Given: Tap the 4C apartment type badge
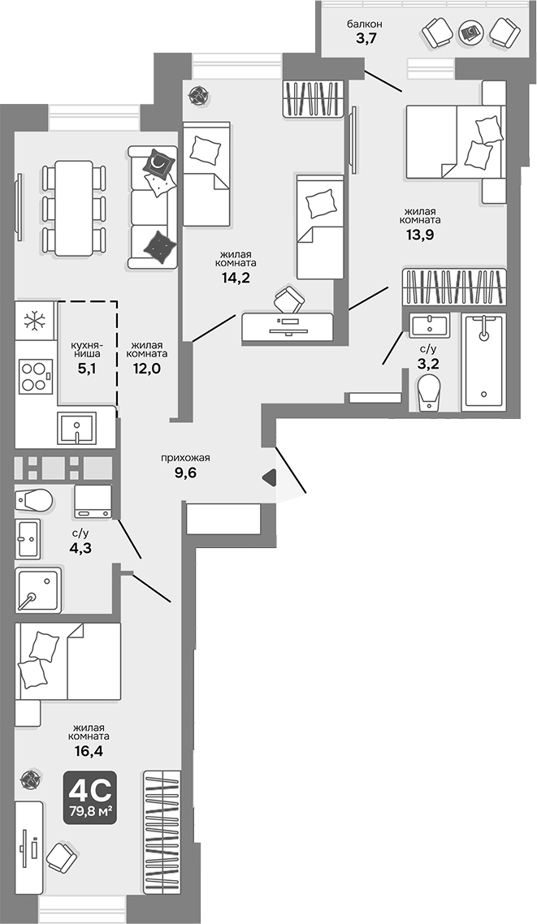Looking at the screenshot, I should (x=90, y=797).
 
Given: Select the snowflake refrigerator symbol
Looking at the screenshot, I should (x=35, y=320).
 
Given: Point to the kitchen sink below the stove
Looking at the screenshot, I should (x=76, y=427).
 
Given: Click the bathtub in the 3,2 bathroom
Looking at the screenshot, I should (x=483, y=361).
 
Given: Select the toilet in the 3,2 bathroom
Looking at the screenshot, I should (x=427, y=391).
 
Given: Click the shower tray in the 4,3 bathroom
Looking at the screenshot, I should (x=37, y=590).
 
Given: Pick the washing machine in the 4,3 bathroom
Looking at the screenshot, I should (x=92, y=501).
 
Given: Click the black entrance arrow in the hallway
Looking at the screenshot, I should (x=269, y=479).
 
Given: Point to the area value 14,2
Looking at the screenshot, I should (x=236, y=277).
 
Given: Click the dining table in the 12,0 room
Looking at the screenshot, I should (x=73, y=207).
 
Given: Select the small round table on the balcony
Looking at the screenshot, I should (x=470, y=33).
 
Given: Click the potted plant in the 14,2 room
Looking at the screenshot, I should (x=197, y=96).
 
